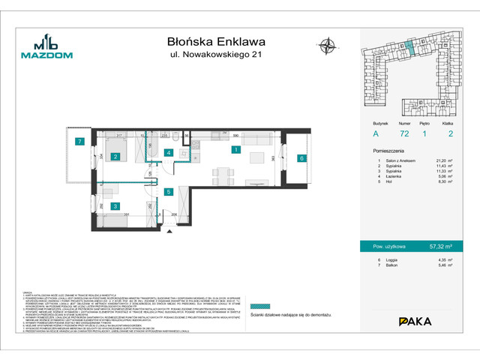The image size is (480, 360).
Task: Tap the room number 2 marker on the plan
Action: [x=116, y=157]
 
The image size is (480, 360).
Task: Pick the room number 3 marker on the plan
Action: [x=115, y=205]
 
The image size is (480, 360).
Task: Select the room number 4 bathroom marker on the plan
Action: [x=169, y=153]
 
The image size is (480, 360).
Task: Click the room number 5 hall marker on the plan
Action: [x=169, y=192]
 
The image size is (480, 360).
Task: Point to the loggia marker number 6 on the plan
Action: [x=301, y=158]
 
